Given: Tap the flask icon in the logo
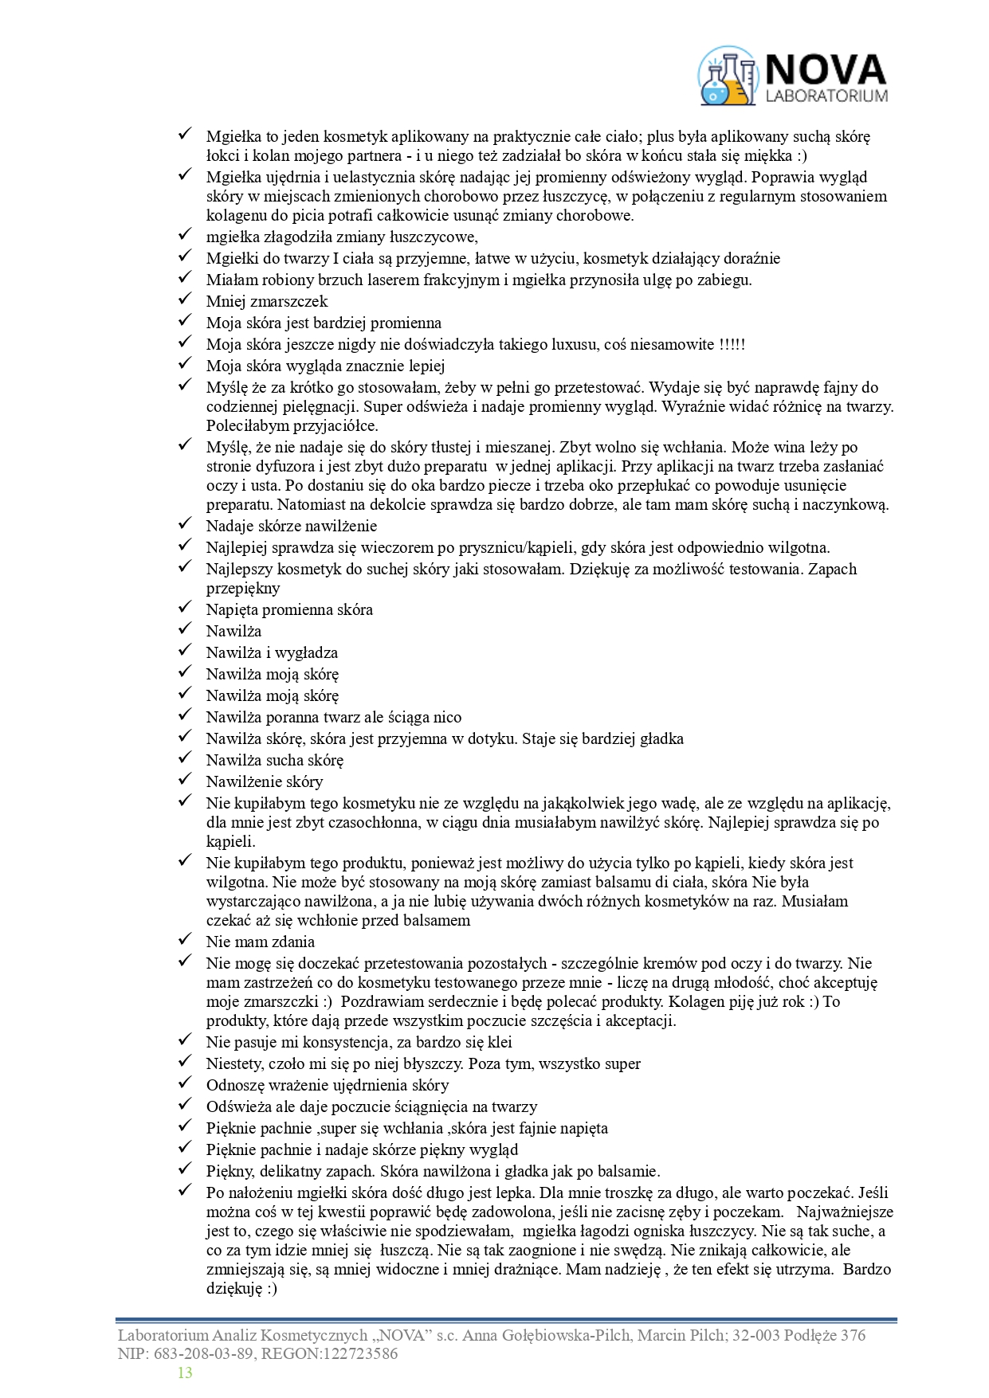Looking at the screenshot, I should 727,76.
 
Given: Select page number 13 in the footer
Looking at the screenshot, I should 185,1373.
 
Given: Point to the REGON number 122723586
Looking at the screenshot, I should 358,1353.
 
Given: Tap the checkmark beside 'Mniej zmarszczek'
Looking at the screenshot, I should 185,300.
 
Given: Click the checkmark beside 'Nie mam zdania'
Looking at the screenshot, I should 185,941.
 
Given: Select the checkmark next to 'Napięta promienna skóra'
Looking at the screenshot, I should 185,609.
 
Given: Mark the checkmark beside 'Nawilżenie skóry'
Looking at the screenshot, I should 185,781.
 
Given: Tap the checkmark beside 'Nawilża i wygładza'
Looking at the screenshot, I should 185,652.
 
